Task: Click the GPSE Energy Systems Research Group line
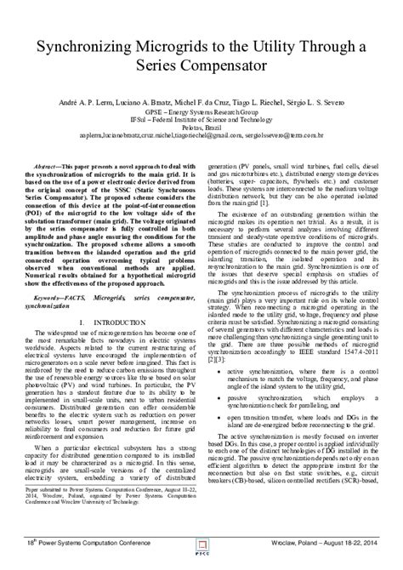(201, 111)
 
